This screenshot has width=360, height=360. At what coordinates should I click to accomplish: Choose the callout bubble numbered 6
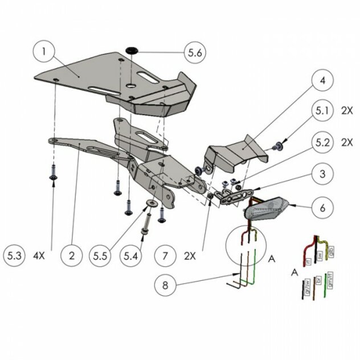(x=322, y=208)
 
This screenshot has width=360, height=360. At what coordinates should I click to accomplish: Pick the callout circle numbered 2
(x=72, y=256)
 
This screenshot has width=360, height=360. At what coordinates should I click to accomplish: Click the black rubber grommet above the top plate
(x=132, y=51)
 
